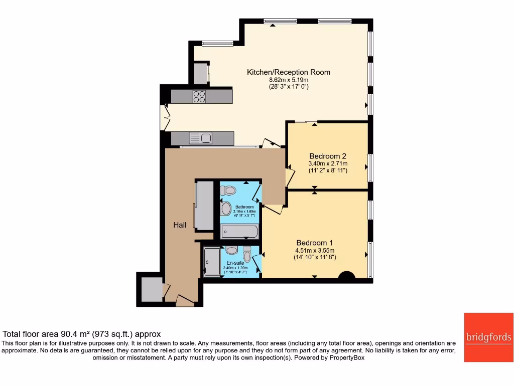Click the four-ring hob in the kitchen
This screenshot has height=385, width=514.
[199, 96]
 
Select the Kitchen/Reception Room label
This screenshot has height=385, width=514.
[289, 72]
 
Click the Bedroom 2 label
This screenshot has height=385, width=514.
[328, 156]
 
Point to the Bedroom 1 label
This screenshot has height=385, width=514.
[315, 241]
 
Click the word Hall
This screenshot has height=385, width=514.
[180, 225]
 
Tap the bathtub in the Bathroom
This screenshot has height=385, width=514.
[239, 231]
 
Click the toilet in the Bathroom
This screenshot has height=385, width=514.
[228, 190]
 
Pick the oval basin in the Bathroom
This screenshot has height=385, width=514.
[225, 208]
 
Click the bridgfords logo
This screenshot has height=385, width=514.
[488, 337]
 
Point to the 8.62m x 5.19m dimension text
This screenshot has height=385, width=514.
[289, 80]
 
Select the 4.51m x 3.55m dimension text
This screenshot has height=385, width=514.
[315, 251]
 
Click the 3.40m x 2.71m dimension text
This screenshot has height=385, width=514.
[328, 163]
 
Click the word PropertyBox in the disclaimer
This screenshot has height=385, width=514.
[346, 358]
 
